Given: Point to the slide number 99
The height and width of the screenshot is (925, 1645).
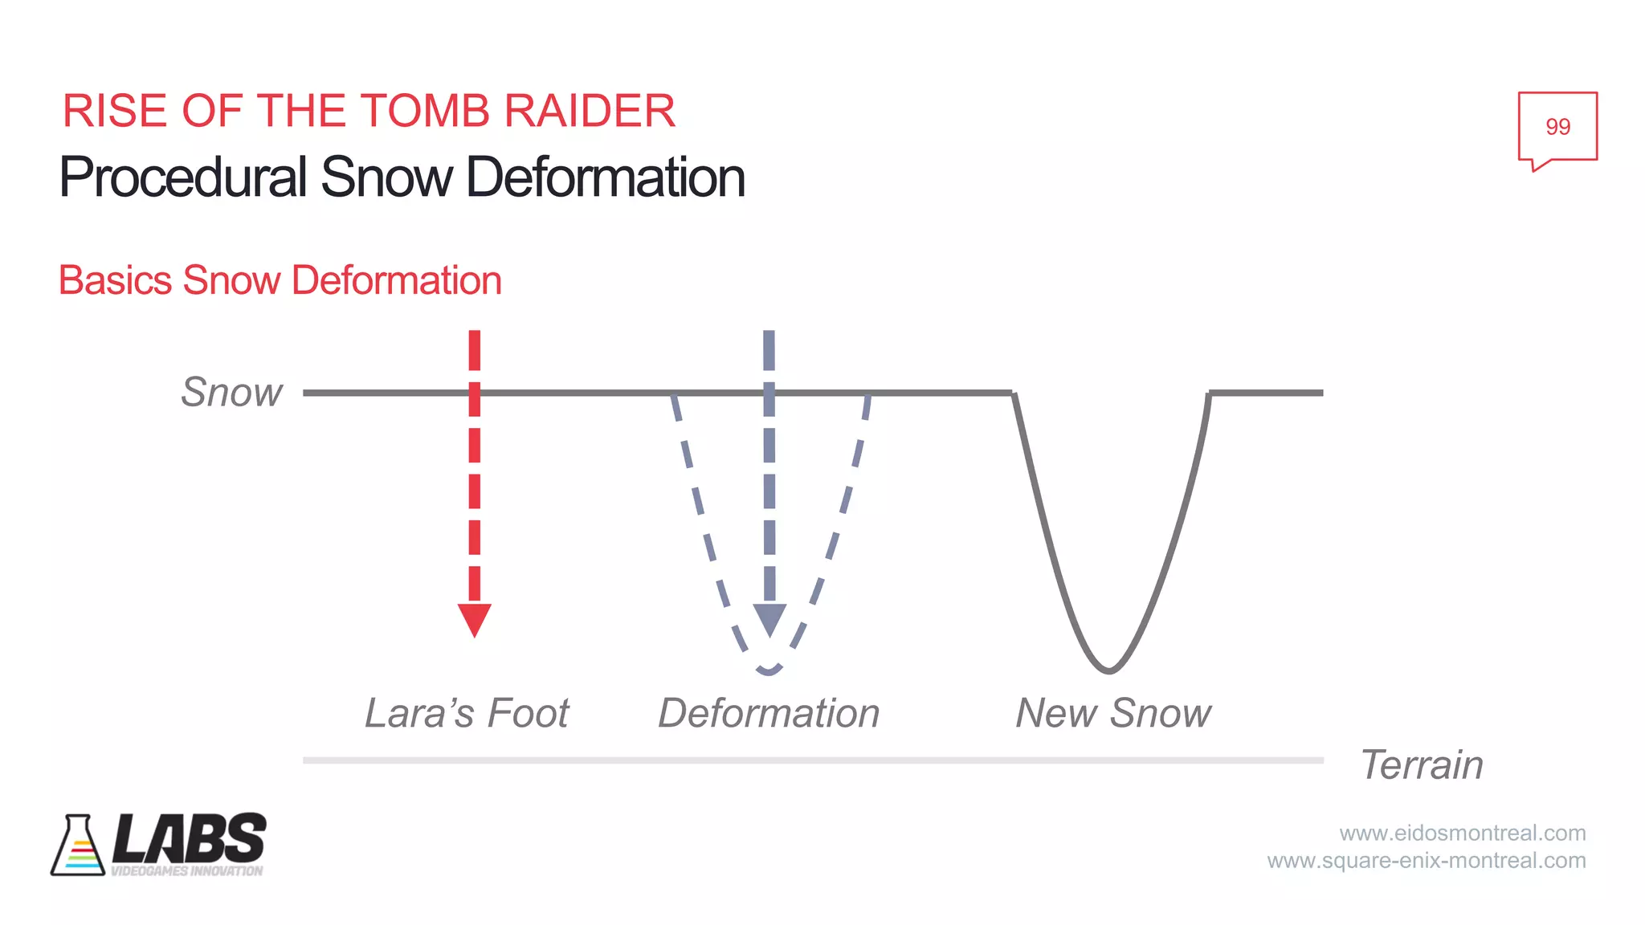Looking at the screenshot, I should tap(1557, 127).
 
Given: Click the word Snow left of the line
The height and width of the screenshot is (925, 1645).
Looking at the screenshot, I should tap(231, 393).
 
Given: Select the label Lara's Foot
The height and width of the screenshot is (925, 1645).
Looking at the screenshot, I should tap(467, 713).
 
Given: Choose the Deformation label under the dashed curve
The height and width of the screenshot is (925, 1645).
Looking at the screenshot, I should tap(769, 713).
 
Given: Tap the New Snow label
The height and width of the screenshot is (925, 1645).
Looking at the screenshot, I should tap(1113, 713).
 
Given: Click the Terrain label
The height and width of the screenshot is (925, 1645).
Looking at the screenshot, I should tap(1422, 764).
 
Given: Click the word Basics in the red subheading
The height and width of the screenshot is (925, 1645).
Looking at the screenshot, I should tap(116, 280).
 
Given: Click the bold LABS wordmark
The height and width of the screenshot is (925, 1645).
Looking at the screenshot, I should tap(190, 838).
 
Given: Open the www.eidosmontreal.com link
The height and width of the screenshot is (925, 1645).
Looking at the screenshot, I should tap(1462, 833).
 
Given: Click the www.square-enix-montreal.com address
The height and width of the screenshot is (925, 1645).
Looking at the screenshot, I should tap(1427, 861).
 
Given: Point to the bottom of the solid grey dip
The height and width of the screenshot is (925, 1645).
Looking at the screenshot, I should tap(1108, 670).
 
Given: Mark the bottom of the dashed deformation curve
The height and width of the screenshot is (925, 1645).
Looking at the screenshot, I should tap(769, 670).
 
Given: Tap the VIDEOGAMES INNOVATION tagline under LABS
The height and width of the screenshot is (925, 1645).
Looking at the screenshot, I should tap(186, 871).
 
